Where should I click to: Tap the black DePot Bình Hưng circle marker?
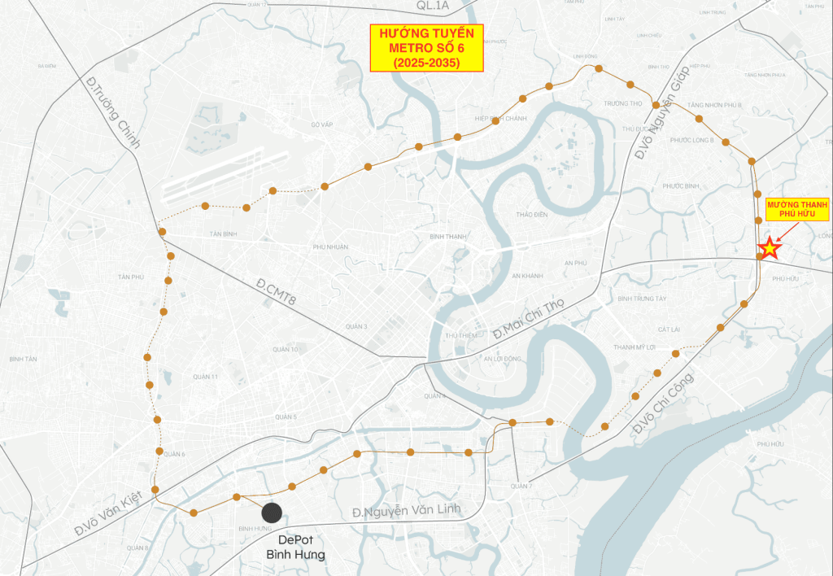tap(272, 513)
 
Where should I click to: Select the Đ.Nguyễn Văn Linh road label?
tap(406, 511)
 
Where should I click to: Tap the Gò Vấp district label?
tap(323, 124)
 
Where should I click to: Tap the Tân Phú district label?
tap(130, 277)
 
